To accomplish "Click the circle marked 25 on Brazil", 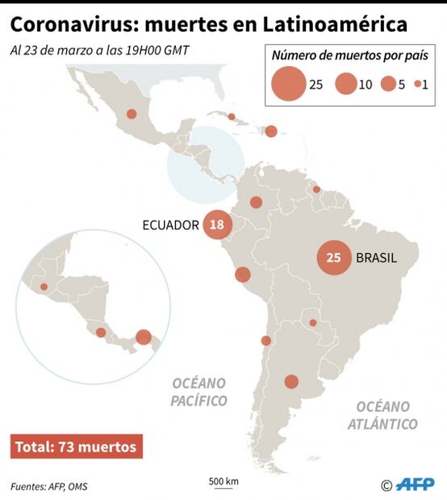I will click(333, 258).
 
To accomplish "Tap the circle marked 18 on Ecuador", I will click(216, 225).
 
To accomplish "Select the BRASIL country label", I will click(376, 258).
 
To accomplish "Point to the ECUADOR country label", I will click(170, 225).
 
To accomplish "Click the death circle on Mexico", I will click(130, 115).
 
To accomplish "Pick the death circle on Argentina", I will click(291, 381).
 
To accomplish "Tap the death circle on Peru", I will click(242, 275).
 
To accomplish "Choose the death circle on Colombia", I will click(256, 202).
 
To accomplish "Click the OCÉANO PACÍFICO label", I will click(198, 391).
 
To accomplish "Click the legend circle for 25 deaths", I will click(288, 84).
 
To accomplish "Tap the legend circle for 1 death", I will click(417, 84).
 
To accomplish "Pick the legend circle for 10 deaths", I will click(346, 84).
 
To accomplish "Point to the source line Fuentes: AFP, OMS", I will click(49, 486).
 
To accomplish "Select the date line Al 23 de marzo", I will click(99, 50).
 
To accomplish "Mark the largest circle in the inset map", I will click(144, 337).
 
